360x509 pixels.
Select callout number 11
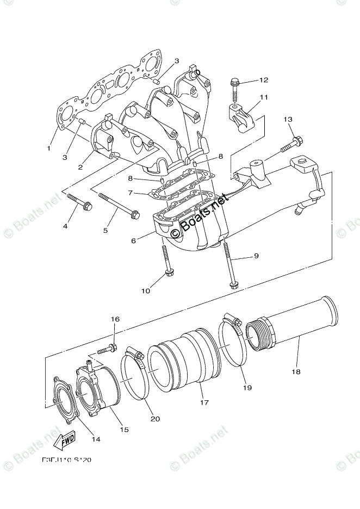click(x=264, y=98)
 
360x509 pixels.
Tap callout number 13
click(x=288, y=120)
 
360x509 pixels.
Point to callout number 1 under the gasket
click(x=49, y=148)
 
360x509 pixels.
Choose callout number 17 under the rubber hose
click(x=204, y=404)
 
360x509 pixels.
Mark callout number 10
click(x=145, y=291)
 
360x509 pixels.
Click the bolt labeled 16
click(x=107, y=348)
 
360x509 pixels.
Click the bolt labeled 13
click(x=290, y=146)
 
